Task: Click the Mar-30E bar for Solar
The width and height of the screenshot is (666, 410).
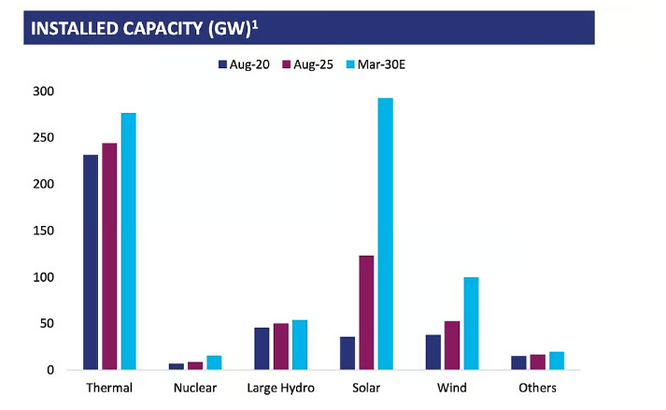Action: point(385,233)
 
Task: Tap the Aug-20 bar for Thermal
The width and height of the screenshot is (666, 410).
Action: point(91,262)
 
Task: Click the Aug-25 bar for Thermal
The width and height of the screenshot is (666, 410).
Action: point(109,256)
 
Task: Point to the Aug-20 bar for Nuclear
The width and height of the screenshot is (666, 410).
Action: point(177,366)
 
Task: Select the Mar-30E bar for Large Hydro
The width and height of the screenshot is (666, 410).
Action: point(299,345)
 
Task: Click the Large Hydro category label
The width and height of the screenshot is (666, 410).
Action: point(280,389)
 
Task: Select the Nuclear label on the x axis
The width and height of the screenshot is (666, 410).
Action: point(194,389)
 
